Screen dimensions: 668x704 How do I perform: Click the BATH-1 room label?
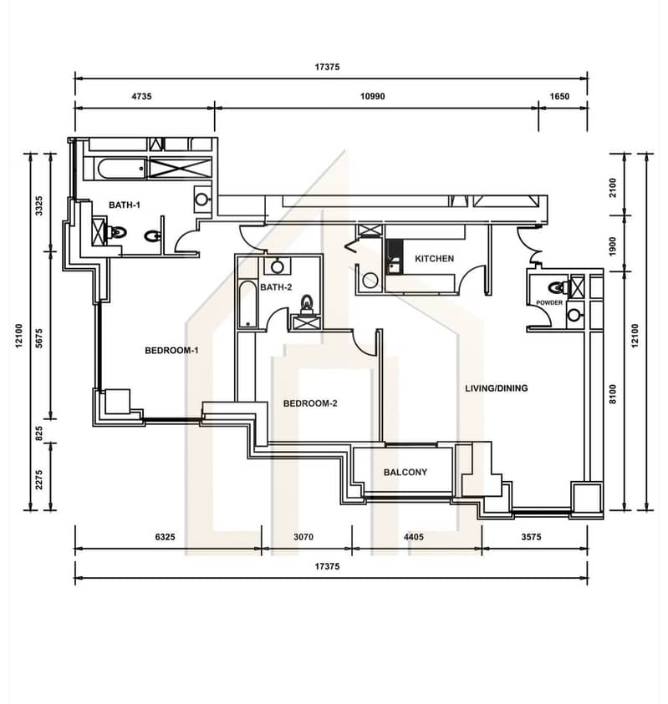pos(125,205)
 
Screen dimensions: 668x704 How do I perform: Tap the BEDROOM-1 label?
pos(171,350)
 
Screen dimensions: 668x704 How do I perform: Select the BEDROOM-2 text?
pos(310,403)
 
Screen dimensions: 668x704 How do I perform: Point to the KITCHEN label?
pos(434,259)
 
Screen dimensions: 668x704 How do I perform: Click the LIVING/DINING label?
pos(497,388)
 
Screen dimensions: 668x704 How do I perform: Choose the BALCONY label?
pos(405,473)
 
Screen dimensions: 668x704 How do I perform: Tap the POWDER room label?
pos(549,302)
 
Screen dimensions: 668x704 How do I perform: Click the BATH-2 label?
pos(276,287)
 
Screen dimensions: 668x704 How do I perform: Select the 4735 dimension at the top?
pos(141,96)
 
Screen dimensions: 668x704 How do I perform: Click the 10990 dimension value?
pos(373,96)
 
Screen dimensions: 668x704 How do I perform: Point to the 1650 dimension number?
pos(559,96)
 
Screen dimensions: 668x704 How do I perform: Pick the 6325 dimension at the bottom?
pos(165,537)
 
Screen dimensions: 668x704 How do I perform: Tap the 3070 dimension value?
pos(303,537)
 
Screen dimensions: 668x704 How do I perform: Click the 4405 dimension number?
pos(414,537)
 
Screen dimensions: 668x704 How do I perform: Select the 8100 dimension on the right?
pos(613,394)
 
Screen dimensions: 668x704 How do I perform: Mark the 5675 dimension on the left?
pos(39,338)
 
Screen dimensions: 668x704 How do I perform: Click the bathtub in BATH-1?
pos(121,169)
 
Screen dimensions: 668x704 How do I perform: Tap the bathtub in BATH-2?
pos(247,305)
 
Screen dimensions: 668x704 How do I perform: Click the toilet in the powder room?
pos(558,287)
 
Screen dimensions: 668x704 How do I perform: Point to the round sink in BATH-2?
pos(278,267)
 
